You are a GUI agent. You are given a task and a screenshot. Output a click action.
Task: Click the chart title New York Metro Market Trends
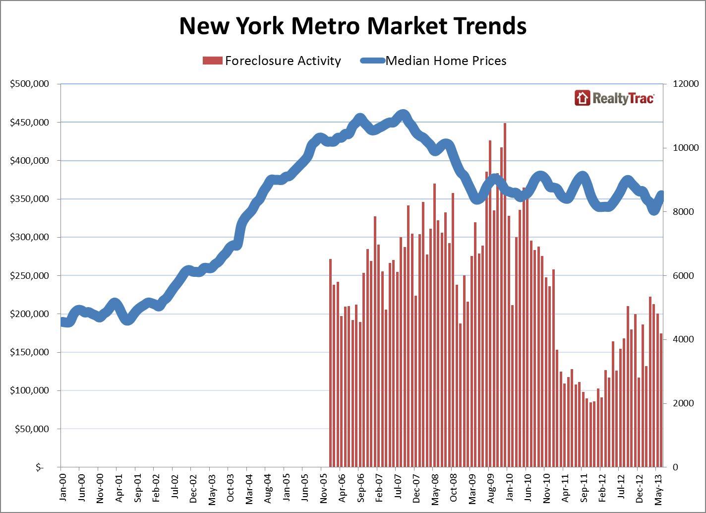(353, 26)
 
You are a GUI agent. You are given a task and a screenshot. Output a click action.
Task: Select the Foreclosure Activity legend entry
(272, 61)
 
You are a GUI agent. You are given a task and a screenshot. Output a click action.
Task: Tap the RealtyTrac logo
(614, 98)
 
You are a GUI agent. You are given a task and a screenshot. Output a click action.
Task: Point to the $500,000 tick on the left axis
(29, 84)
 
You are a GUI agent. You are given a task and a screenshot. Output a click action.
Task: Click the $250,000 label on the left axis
(29, 275)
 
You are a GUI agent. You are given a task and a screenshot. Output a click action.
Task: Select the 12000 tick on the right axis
(686, 84)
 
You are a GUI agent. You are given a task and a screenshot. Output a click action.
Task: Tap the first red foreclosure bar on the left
(330, 362)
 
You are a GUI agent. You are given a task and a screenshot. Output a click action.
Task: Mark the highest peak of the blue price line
(403, 116)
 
